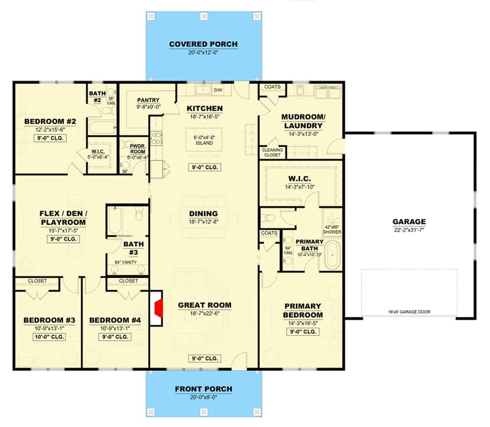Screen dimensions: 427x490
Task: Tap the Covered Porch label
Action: pyautogui.click(x=203, y=44)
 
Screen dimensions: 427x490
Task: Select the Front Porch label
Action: pyautogui.click(x=203, y=388)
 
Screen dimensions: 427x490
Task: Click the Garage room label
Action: pyautogui.click(x=409, y=222)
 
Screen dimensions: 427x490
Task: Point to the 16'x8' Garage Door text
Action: pyautogui.click(x=410, y=312)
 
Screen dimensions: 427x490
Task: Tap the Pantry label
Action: pyautogui.click(x=148, y=99)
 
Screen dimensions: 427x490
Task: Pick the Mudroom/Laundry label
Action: pyautogui.click(x=303, y=121)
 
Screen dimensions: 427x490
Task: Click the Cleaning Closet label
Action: pyautogui.click(x=271, y=153)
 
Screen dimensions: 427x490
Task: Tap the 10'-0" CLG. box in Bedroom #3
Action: pyautogui.click(x=49, y=336)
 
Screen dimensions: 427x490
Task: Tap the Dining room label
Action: pyautogui.click(x=203, y=214)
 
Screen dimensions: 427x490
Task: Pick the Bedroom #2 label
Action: pyautogui.click(x=50, y=121)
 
